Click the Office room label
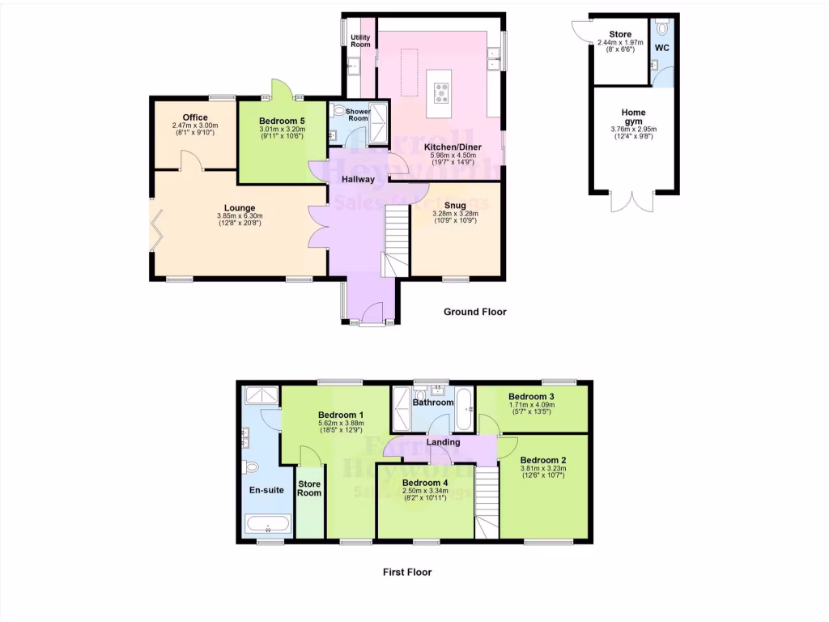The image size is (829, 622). tap(196, 117)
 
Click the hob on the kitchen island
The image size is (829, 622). tap(442, 95)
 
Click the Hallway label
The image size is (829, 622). tap(358, 180)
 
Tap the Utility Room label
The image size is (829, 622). tap(359, 40)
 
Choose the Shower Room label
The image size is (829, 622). tap(358, 114)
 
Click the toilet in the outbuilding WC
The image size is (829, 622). tap(664, 28)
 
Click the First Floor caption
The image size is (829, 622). tap(407, 572)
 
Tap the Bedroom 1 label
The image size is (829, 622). tap(341, 415)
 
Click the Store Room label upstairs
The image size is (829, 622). tap(309, 488)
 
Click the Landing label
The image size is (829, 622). tap(444, 442)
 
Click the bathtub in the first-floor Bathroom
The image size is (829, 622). tap(464, 408)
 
